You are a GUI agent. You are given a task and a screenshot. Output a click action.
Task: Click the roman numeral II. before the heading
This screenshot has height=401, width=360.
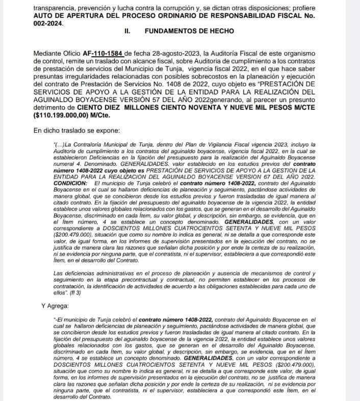click(128, 31)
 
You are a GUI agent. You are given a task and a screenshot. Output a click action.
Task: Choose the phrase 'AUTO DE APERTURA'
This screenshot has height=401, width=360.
click(67, 15)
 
